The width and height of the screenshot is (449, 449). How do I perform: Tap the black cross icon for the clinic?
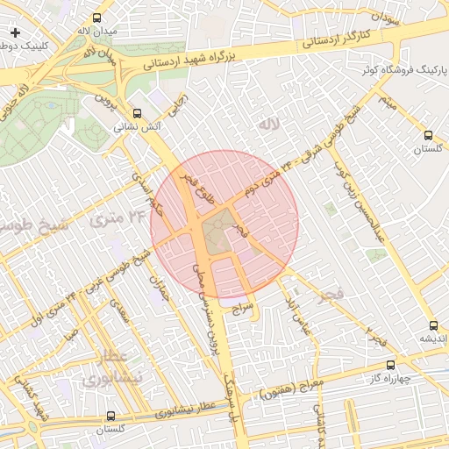click(x=15, y=32)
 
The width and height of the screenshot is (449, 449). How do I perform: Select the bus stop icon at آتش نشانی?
click(x=136, y=112)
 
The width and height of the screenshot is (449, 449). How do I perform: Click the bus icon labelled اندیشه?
click(x=433, y=325)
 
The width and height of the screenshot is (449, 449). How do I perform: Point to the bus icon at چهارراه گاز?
click(x=390, y=365)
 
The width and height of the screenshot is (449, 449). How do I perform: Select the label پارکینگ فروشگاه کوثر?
click(x=400, y=68)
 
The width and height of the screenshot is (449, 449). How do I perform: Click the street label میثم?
click(x=388, y=103)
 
